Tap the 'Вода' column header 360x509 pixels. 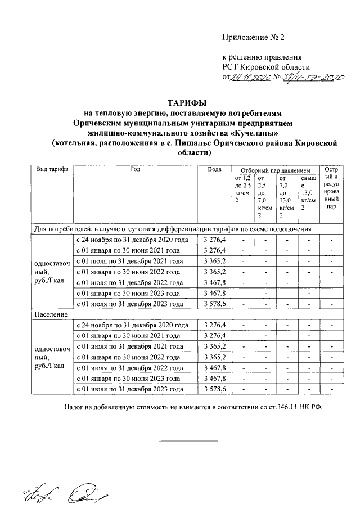click(214, 169)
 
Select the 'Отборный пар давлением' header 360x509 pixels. click(275, 170)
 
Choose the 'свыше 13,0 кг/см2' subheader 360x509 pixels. click(308, 193)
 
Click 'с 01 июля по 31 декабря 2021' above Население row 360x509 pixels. click(129, 262)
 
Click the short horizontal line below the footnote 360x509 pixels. click(188, 440)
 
